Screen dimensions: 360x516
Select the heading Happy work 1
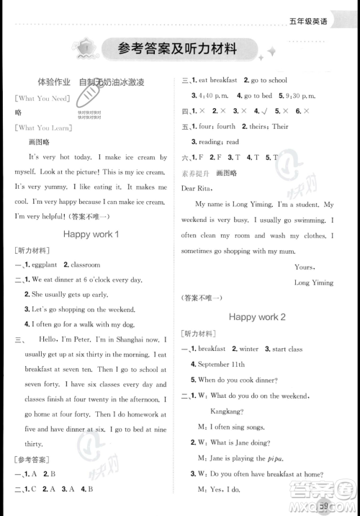tap(91, 234)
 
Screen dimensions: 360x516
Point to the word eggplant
tap(43, 265)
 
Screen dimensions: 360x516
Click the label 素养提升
tap(192, 173)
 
